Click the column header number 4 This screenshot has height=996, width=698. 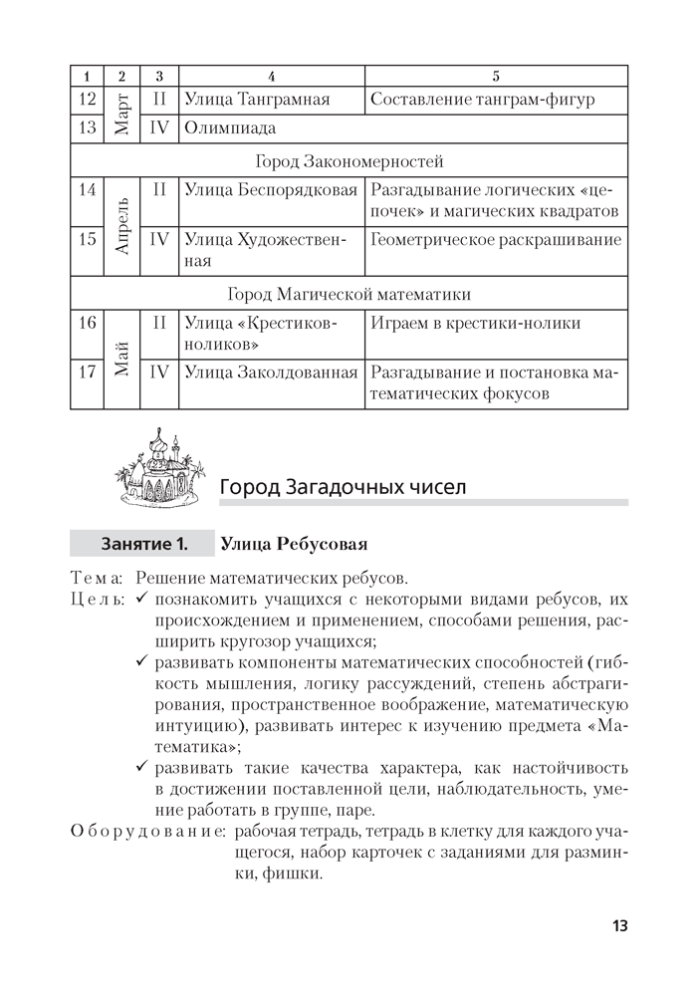272,76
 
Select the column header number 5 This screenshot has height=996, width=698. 496,76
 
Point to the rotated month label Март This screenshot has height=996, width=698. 122,114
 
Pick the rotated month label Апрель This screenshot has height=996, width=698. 122,226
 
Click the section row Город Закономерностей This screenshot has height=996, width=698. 349,160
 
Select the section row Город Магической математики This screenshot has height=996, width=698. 349,294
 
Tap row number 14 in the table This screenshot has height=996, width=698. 87,189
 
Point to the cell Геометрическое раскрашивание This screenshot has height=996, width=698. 495,240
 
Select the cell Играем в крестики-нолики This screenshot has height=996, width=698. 475,324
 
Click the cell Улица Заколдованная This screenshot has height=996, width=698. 271,373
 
